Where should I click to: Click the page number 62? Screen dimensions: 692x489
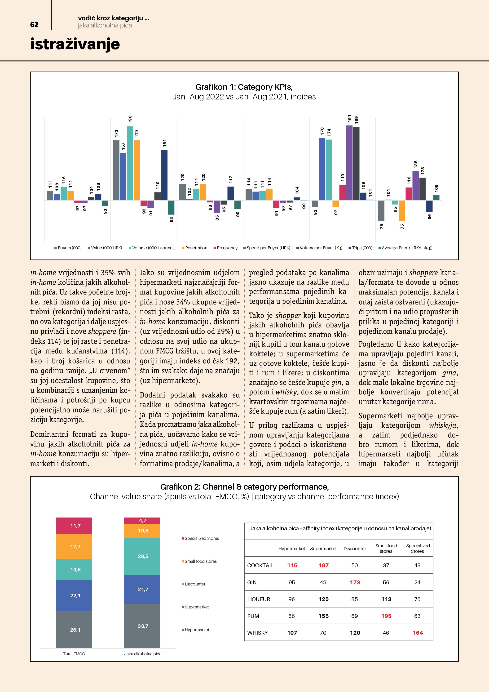[34, 25]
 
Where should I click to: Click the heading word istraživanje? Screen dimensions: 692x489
[75, 44]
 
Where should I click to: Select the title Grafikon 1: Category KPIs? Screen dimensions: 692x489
[244, 87]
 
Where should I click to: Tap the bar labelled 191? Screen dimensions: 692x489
[349, 163]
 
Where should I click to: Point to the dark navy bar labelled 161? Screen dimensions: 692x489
[164, 175]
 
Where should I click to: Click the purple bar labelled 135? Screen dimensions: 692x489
[415, 186]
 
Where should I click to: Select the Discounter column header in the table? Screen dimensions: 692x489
[355, 549]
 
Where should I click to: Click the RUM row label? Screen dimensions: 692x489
[253, 616]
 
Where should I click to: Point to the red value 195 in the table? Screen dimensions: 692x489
[386, 616]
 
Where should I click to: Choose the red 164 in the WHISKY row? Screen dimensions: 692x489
[417, 633]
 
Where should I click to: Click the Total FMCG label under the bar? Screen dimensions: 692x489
[74, 654]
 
